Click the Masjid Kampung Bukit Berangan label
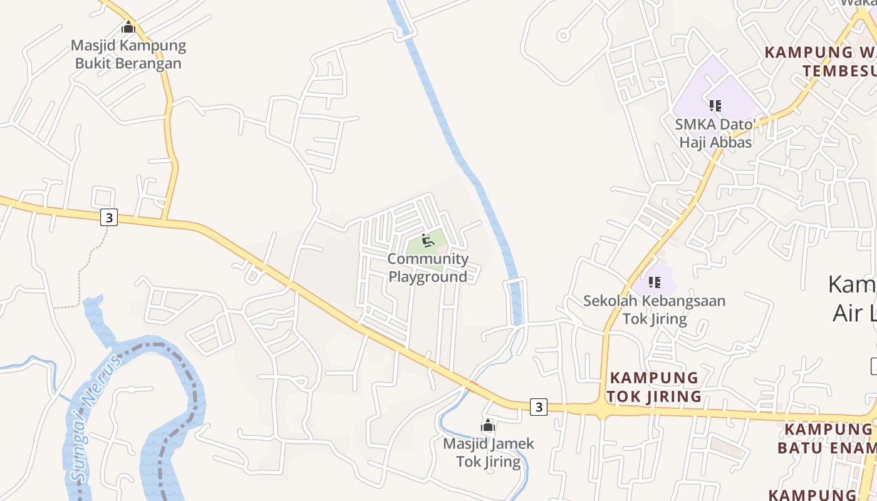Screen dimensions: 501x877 tap(128, 54)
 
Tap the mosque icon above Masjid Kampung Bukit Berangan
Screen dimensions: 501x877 tap(128, 28)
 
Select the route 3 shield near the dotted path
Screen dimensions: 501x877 tap(109, 217)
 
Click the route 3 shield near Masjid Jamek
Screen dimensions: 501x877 tap(538, 407)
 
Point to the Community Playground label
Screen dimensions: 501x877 tap(428, 267)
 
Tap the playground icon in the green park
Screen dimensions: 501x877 tap(428, 240)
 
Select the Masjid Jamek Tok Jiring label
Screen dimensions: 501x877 tap(489, 453)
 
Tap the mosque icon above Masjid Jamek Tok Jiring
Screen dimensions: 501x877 tap(488, 426)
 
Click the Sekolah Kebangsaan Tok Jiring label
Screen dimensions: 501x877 tap(654, 309)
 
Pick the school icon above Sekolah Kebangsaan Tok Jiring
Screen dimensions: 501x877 tap(654, 283)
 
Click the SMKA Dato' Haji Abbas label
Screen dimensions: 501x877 tap(715, 133)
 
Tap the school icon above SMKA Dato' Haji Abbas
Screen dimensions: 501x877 tap(715, 106)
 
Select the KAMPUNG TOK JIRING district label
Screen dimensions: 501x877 tap(654, 387)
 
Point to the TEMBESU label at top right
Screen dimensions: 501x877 tap(839, 70)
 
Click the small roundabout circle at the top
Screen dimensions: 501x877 tap(563, 36)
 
